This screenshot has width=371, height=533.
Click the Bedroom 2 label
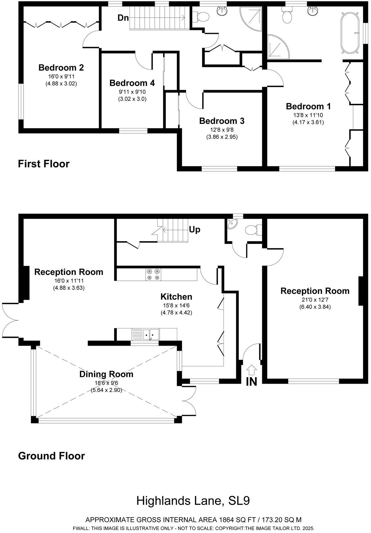coord(61,68)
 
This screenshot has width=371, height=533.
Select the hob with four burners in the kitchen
coord(153,274)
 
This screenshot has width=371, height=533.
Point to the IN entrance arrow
coord(251,371)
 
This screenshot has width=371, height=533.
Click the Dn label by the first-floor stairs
coord(123,18)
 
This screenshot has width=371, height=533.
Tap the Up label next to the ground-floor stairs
coord(195,230)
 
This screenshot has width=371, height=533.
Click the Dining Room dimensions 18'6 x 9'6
coord(106,383)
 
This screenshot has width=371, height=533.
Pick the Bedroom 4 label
coord(132,83)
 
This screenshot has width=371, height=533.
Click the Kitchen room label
coord(176,297)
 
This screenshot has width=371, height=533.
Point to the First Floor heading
coord(44,164)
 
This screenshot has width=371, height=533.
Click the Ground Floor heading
coord(51,456)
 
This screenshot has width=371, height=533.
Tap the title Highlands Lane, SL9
coord(193,501)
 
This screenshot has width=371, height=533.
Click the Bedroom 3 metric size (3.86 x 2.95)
coord(222,137)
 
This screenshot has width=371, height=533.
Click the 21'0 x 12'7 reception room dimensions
coord(315,300)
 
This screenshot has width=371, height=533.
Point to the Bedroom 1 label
coord(308,106)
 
